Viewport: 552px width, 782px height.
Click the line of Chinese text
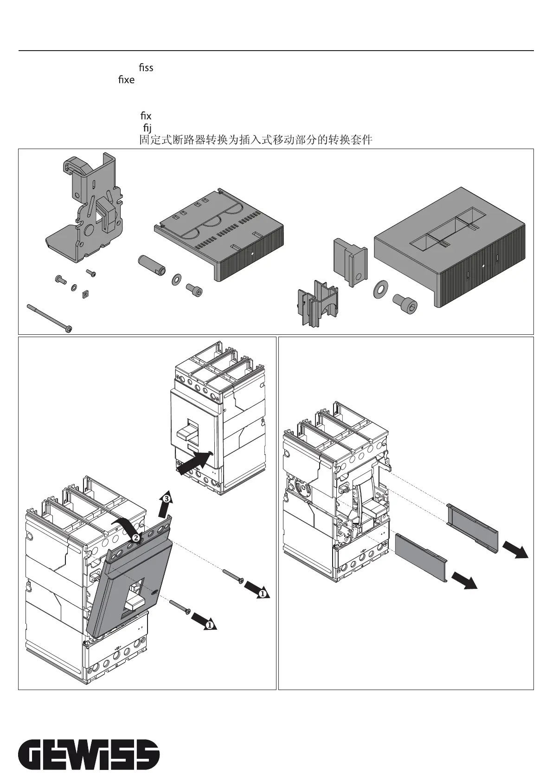[256, 140]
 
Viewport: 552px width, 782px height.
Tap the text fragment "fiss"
[146, 67]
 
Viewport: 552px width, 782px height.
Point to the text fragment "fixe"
[126, 79]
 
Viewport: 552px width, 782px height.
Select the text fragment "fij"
[147, 128]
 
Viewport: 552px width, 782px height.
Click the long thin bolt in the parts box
[50, 318]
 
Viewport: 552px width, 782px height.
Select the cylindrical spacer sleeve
[152, 265]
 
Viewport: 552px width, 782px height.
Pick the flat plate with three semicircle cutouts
[219, 234]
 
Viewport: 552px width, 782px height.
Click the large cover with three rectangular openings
[449, 247]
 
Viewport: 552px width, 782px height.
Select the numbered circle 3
[167, 499]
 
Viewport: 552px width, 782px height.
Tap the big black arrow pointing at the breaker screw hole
[195, 462]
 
